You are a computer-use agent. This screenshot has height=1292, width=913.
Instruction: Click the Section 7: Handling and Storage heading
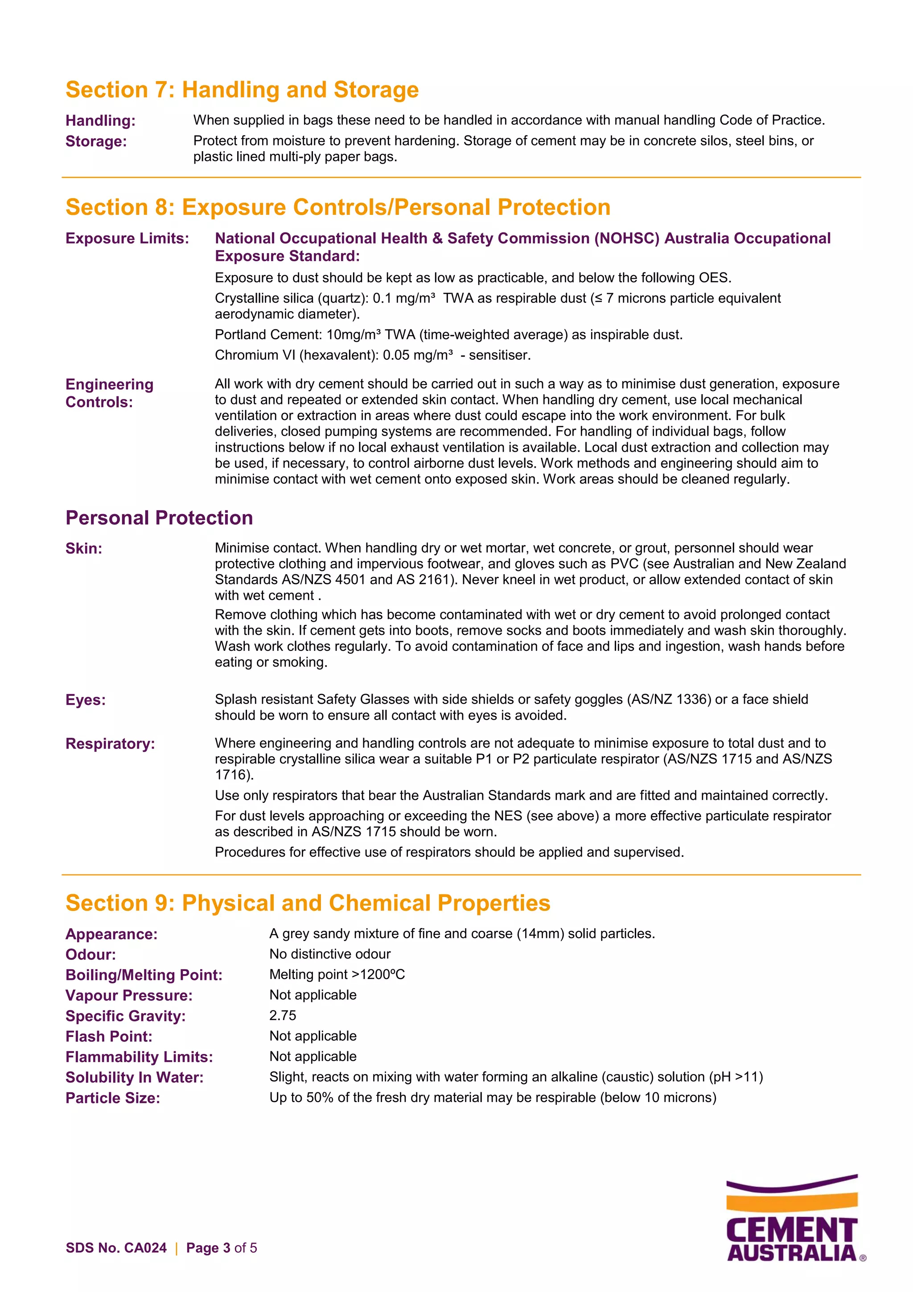coord(242,90)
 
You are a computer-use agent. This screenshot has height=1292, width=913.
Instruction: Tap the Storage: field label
coord(96,141)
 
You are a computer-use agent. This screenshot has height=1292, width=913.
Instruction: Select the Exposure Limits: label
coord(127,239)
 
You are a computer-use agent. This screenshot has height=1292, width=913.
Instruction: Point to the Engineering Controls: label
coord(109,393)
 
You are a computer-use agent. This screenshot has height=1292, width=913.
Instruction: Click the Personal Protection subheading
coord(159,518)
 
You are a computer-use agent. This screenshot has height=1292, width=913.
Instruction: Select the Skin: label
coord(84,549)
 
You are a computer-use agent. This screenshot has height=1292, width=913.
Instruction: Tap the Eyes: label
coord(86,700)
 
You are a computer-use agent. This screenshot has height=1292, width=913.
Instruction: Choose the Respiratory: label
coord(110,744)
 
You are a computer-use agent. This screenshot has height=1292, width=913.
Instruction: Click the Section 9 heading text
coord(308,903)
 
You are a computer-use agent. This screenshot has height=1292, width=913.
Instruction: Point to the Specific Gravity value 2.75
coord(282,1016)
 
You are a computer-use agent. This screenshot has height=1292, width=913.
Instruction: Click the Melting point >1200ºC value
coord(337,975)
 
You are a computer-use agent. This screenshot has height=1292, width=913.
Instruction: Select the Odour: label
coord(90,955)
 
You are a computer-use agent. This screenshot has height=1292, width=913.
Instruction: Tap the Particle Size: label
coord(112,1098)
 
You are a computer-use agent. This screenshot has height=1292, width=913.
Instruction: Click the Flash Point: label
coord(109,1037)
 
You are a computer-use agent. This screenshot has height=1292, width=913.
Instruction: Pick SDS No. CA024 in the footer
coord(116,1248)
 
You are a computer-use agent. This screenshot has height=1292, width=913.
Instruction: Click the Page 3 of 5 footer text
coord(221,1248)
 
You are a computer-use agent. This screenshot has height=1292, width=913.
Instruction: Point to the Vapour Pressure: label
coord(129,996)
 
